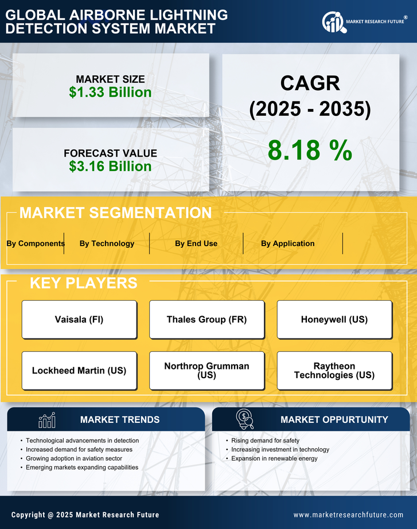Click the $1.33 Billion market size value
click(x=110, y=92)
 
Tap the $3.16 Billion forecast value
click(x=110, y=166)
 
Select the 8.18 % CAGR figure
click(x=310, y=150)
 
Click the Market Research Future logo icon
click(x=333, y=22)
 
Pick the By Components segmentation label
click(x=36, y=243)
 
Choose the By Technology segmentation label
click(x=107, y=243)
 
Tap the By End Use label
click(x=196, y=243)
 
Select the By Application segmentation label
click(x=287, y=243)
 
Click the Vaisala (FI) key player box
click(x=79, y=320)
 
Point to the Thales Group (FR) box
click(x=206, y=320)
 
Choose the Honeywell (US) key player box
click(x=334, y=320)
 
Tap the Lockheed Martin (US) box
click(x=79, y=371)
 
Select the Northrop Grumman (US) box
click(x=206, y=371)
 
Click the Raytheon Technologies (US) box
click(x=334, y=371)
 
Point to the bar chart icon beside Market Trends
click(x=47, y=420)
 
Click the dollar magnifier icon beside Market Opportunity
click(x=245, y=419)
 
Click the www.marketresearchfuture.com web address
click(x=348, y=515)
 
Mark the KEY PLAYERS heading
click(x=83, y=283)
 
